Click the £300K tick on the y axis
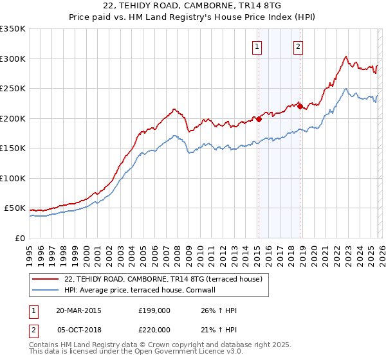[x=13, y=59]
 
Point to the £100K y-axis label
[x=13, y=178]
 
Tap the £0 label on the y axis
[x=19, y=238]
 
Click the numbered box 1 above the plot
[x=257, y=46]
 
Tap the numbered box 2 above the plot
[x=299, y=46]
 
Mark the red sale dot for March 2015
[x=259, y=119]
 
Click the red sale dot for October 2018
[x=300, y=107]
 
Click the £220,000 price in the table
[x=154, y=329]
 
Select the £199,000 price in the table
[x=154, y=310]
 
